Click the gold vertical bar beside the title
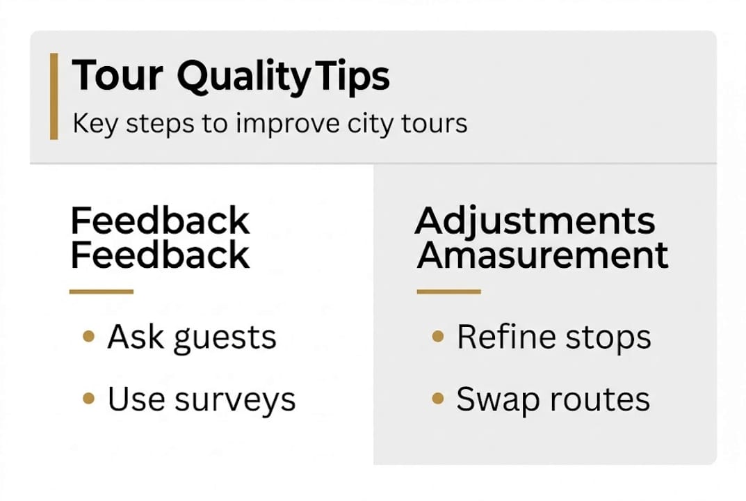[54, 96]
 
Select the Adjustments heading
[535, 221]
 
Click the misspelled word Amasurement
[542, 255]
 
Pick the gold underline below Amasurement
[448, 292]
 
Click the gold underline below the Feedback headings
[101, 292]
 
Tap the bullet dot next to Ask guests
[88, 337]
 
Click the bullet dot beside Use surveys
[88, 399]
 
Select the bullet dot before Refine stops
[437, 337]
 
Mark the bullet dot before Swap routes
[437, 399]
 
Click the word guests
[225, 338]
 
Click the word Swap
[490, 400]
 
